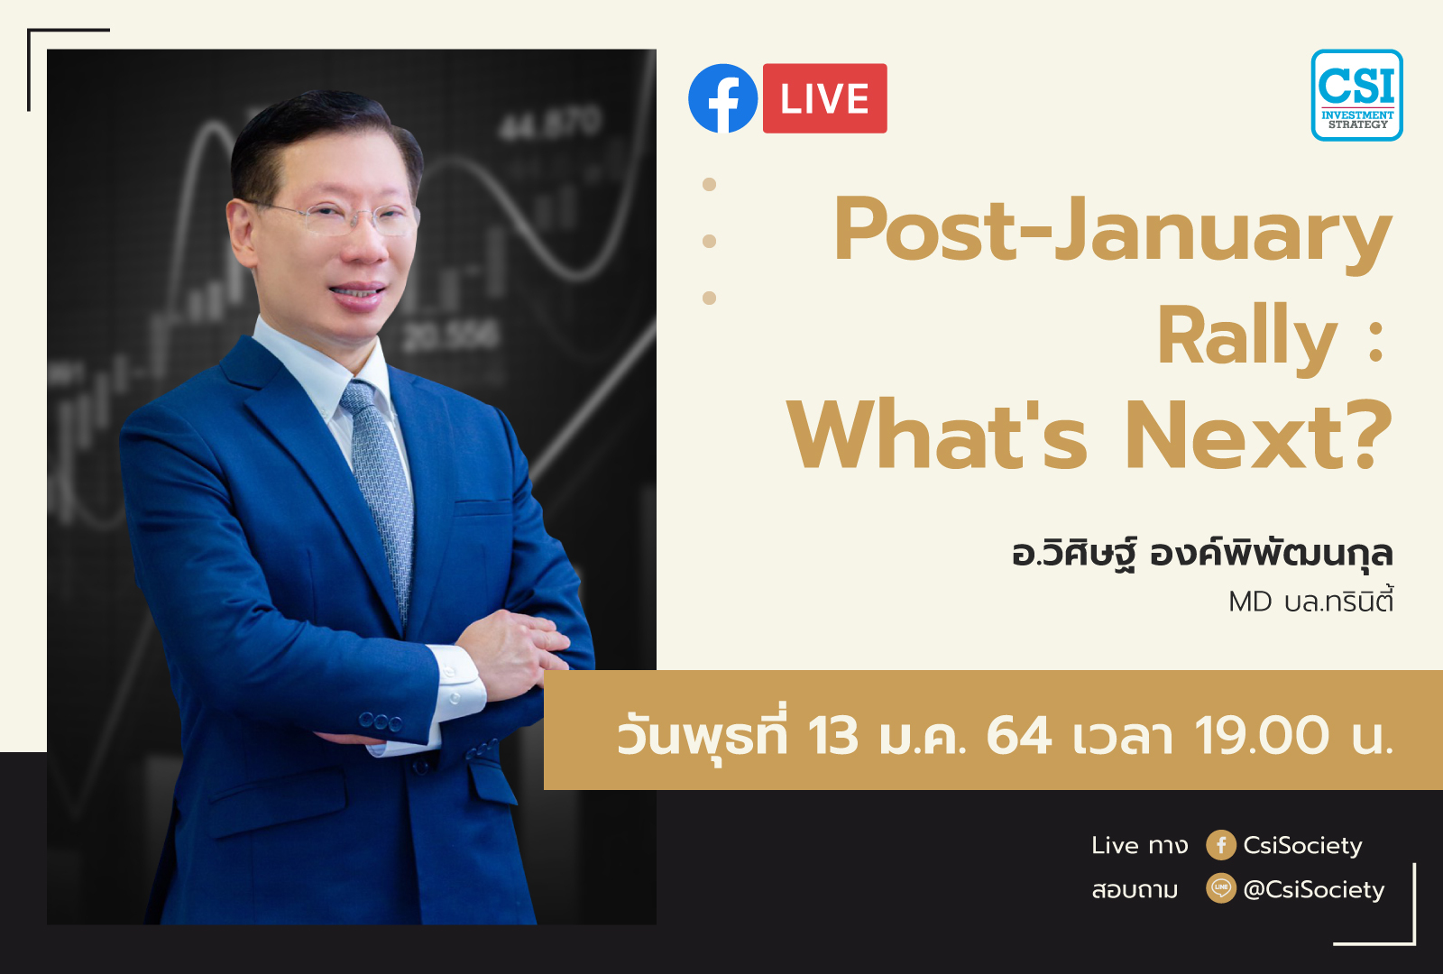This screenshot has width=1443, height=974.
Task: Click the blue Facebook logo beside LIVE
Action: point(723,98)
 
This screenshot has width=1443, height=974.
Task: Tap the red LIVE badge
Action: point(824,98)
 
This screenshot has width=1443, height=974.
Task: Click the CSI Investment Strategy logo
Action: point(1356,96)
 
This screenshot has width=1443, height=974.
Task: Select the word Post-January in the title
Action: point(1112,231)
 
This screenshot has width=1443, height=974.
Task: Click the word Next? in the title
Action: point(1258,436)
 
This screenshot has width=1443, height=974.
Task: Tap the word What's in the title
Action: point(938,436)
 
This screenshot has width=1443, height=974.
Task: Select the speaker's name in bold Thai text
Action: point(1201,553)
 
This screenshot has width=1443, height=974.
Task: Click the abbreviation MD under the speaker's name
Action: point(1249,602)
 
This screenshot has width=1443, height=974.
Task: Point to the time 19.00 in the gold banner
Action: point(1262,735)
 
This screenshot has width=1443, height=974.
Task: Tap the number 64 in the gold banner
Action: point(1019,735)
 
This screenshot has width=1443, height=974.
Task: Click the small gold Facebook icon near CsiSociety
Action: point(1220,845)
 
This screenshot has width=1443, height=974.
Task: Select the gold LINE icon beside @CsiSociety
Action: point(1220,888)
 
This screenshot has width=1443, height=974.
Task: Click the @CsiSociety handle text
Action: point(1313,889)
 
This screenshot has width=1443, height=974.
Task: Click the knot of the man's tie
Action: point(358,398)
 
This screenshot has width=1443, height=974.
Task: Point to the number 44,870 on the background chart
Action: point(549,124)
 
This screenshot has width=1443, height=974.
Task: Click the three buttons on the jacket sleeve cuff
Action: point(380,721)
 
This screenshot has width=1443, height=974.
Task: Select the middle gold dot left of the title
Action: point(709,241)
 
